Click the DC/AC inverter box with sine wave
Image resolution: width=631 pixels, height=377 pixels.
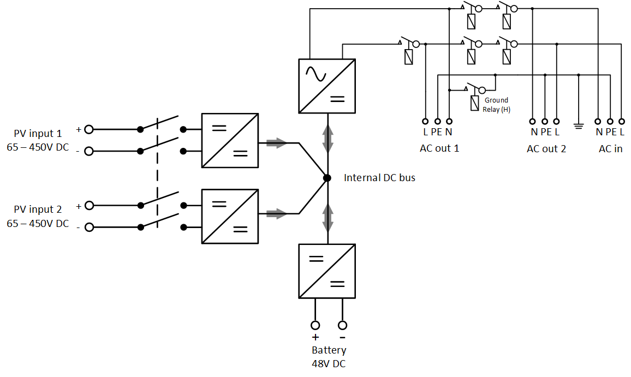tap(327, 86)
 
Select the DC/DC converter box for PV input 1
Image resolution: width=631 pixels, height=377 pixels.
tap(230, 140)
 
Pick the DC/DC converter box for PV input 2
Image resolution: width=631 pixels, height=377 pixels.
tap(230, 216)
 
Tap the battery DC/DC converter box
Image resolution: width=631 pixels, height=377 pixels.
tap(327, 271)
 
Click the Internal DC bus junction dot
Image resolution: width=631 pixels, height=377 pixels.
tap(327, 178)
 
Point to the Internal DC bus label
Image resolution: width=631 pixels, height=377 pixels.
tap(379, 178)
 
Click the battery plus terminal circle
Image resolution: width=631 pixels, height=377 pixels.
tap(315, 325)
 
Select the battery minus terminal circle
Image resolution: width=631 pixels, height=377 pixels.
tap(342, 325)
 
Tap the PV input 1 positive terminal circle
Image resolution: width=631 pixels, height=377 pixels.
tap(89, 129)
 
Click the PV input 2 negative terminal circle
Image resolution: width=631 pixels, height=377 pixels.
tap(89, 227)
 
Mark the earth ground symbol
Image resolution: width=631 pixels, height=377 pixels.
tap(578, 127)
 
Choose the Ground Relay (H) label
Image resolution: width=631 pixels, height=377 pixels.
tap(495, 104)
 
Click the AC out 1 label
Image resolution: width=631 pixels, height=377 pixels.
tap(439, 148)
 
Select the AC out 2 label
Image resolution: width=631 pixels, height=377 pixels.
tap(546, 148)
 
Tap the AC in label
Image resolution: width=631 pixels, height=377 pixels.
tap(610, 148)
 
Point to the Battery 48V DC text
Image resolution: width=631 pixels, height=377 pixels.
tap(329, 357)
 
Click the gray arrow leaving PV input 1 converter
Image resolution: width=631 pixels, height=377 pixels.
tap(277, 143)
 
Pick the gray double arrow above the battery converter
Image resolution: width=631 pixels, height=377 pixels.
tap(328, 217)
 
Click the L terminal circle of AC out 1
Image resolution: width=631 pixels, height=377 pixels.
tap(425, 122)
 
